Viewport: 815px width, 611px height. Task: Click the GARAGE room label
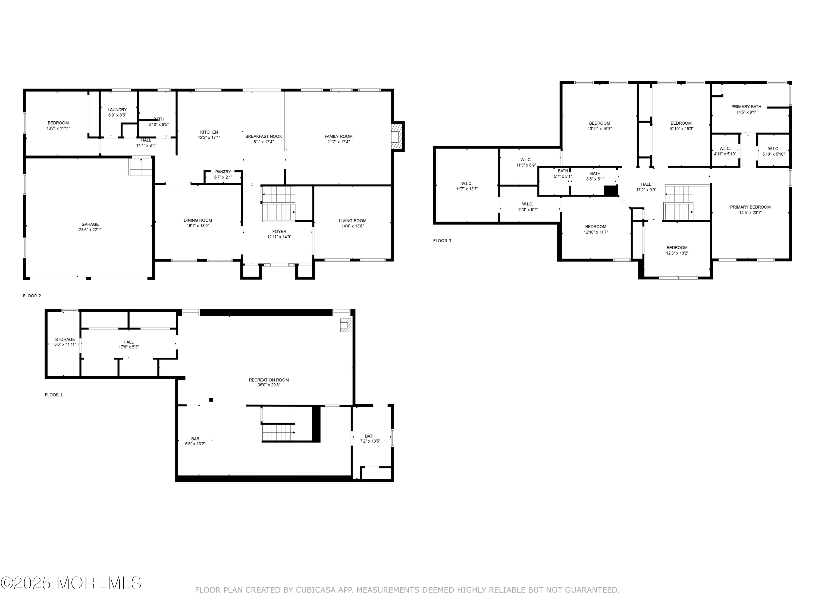(90, 224)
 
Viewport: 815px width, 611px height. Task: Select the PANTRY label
(223, 172)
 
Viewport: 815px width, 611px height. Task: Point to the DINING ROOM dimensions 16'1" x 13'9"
(198, 226)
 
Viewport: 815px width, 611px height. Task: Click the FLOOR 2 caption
(32, 296)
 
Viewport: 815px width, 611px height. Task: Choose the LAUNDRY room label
(117, 110)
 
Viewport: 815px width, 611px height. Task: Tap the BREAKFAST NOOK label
(264, 136)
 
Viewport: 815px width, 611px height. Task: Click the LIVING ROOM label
(353, 221)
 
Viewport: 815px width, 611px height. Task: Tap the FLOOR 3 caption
(442, 241)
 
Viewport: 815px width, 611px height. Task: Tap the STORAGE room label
(65, 339)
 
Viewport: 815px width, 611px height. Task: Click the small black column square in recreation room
(211, 400)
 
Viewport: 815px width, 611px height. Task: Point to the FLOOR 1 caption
(54, 395)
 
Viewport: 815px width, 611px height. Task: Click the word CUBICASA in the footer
(316, 590)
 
